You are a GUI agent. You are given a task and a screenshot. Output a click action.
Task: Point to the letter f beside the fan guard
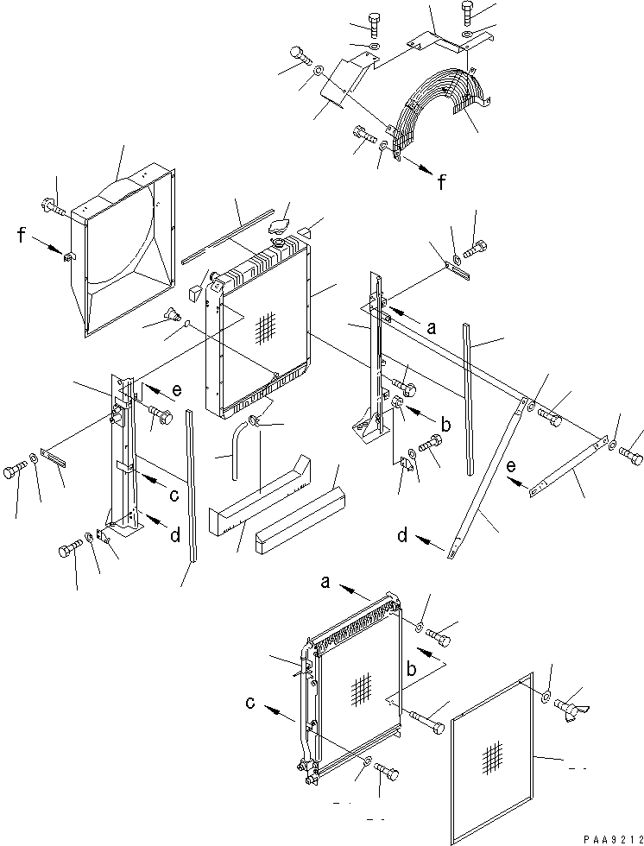click(x=442, y=182)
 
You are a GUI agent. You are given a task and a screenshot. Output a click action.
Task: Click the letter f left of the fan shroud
click(x=19, y=233)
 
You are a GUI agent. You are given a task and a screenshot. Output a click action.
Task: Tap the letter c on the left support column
click(x=173, y=495)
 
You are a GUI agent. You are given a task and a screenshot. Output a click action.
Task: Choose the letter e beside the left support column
click(x=176, y=390)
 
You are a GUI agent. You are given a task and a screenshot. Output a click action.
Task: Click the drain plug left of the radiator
click(x=172, y=316)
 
